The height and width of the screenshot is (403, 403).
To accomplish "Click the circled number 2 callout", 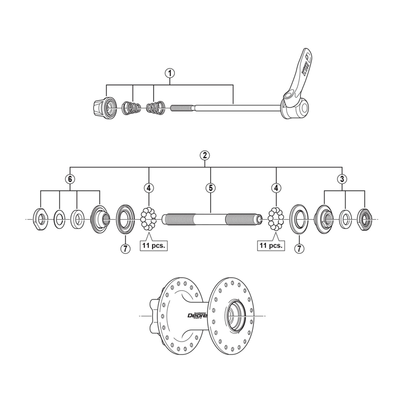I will (205, 155).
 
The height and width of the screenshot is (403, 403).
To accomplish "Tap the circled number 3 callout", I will (343, 178).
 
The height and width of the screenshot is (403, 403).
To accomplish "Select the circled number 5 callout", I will (210, 188).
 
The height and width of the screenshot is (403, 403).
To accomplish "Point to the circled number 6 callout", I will (70, 178).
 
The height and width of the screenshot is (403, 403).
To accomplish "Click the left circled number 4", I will (149, 188).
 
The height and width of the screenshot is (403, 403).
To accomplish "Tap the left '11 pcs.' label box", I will (153, 246).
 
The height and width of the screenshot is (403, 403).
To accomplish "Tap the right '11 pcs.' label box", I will (271, 246).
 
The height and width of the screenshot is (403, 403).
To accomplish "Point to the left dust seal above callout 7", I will (124, 219).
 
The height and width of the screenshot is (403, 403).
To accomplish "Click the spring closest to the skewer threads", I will (155, 107).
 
